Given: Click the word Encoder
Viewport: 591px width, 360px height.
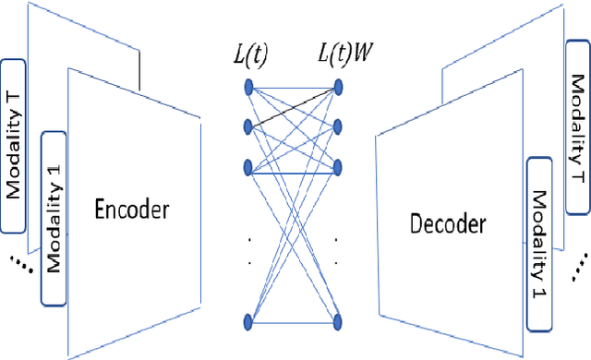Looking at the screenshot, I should pos(132,209).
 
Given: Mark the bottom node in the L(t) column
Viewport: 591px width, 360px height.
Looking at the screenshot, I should pos(248,321).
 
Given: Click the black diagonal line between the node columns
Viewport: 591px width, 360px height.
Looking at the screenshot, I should pos(294,105).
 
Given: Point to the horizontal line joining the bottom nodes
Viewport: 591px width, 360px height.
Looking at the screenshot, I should pos(294,321).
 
